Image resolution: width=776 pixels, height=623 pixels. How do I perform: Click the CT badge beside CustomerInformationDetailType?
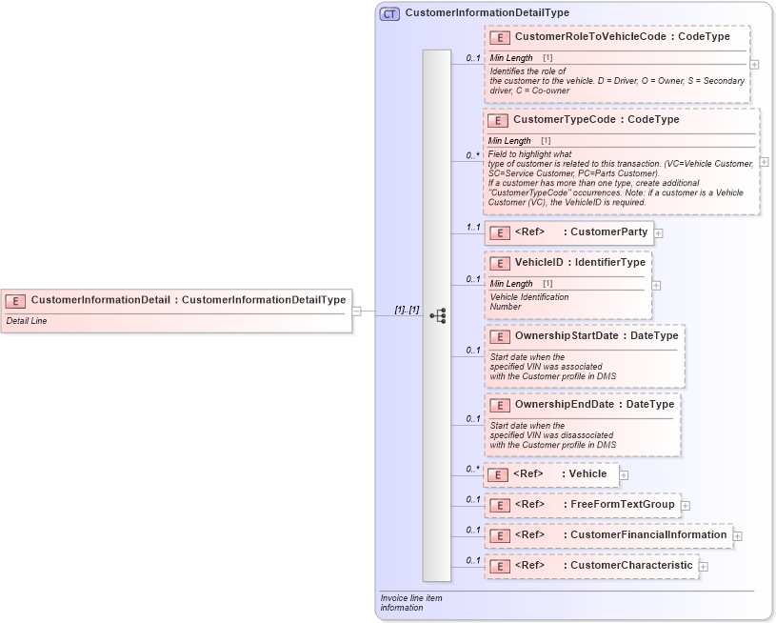[x=389, y=13]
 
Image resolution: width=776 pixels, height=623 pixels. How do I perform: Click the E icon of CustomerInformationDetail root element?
[x=15, y=300]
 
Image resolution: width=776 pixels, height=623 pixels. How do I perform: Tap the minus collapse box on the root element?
[x=356, y=310]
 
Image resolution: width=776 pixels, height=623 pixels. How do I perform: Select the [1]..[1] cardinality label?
[x=407, y=310]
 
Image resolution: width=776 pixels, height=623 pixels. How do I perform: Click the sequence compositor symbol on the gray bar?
[x=437, y=315]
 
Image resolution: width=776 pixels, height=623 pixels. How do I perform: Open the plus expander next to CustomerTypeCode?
[x=764, y=162]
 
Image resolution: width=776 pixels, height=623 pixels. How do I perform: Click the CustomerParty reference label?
[x=607, y=232]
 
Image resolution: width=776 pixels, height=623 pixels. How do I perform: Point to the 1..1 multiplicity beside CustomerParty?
[x=472, y=228]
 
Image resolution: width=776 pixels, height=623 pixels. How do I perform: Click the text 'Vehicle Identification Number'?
[x=528, y=302]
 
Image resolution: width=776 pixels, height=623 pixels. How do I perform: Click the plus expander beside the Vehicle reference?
[x=624, y=474]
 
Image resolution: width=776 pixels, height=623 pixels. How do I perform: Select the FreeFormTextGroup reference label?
[x=622, y=505]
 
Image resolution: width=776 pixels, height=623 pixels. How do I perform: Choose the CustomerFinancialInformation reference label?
[x=647, y=535]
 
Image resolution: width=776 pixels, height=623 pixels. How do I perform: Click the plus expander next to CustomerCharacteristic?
[x=704, y=567]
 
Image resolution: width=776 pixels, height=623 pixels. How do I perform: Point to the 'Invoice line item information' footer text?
[x=411, y=603]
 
